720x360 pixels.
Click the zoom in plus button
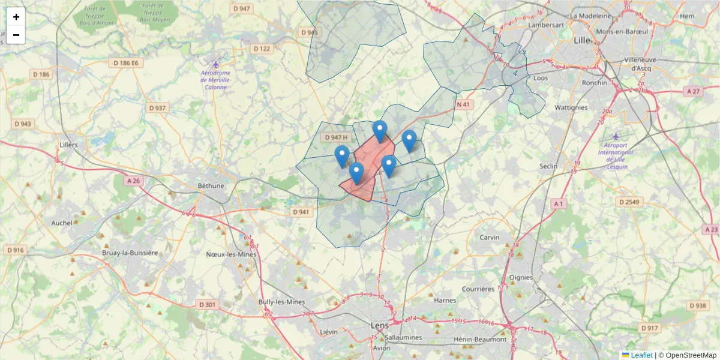[16, 17]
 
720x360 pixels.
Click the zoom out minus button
[16, 35]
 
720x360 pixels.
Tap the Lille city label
[582, 40]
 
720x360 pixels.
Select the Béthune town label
[211, 185]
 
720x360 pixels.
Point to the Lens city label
[379, 325]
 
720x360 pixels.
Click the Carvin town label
[490, 237]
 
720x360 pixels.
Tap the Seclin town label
[548, 166]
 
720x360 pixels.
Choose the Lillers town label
[69, 145]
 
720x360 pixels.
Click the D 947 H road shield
[336, 137]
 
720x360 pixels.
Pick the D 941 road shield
[301, 212]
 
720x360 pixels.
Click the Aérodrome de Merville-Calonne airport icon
[215, 64]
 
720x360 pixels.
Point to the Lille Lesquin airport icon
[615, 136]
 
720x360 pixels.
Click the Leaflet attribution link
[641, 355]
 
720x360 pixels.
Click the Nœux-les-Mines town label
[231, 254]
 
